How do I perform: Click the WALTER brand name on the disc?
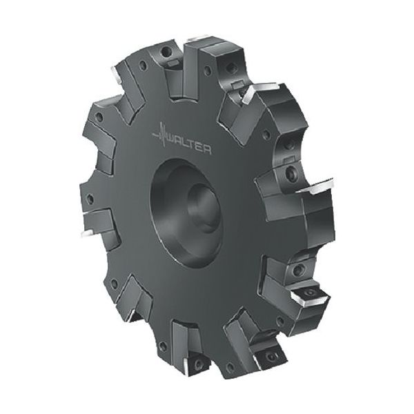(190, 146)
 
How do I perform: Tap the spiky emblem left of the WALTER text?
(161, 134)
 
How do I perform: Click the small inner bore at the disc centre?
(204, 208)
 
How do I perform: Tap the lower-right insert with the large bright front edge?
(310, 296)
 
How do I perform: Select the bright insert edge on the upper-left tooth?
(116, 74)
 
